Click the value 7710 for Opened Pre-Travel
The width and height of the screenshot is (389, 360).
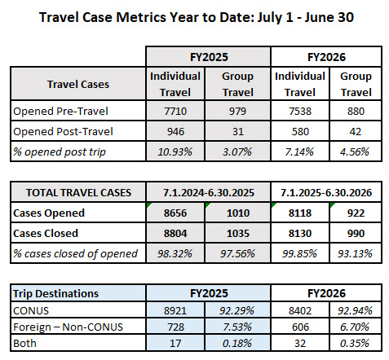tap(175, 111)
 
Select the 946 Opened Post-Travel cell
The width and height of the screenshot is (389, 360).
tap(175, 131)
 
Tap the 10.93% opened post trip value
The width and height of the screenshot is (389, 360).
tap(175, 151)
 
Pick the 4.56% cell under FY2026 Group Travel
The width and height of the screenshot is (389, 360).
tap(355, 151)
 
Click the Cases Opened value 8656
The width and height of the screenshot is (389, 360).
tap(175, 213)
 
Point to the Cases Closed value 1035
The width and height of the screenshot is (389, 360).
tap(238, 233)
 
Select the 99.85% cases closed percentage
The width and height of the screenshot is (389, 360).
tap(299, 253)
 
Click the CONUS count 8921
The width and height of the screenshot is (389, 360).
tap(175, 310)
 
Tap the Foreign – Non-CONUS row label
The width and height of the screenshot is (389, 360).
tap(68, 327)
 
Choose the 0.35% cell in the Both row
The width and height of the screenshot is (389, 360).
tap(355, 343)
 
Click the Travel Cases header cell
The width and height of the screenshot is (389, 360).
tap(78, 84)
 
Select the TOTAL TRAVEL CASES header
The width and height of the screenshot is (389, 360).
tap(78, 192)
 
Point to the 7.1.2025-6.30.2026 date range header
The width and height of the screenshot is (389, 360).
tap(326, 192)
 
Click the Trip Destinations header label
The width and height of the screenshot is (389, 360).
tap(55, 293)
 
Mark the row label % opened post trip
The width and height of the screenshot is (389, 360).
tap(60, 152)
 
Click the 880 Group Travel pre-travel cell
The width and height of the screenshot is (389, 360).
tap(356, 111)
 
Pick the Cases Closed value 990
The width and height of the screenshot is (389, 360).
tap(356, 233)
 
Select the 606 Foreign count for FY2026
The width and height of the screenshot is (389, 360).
tap(300, 327)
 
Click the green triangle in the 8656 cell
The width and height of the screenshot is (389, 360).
tap(148, 204)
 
